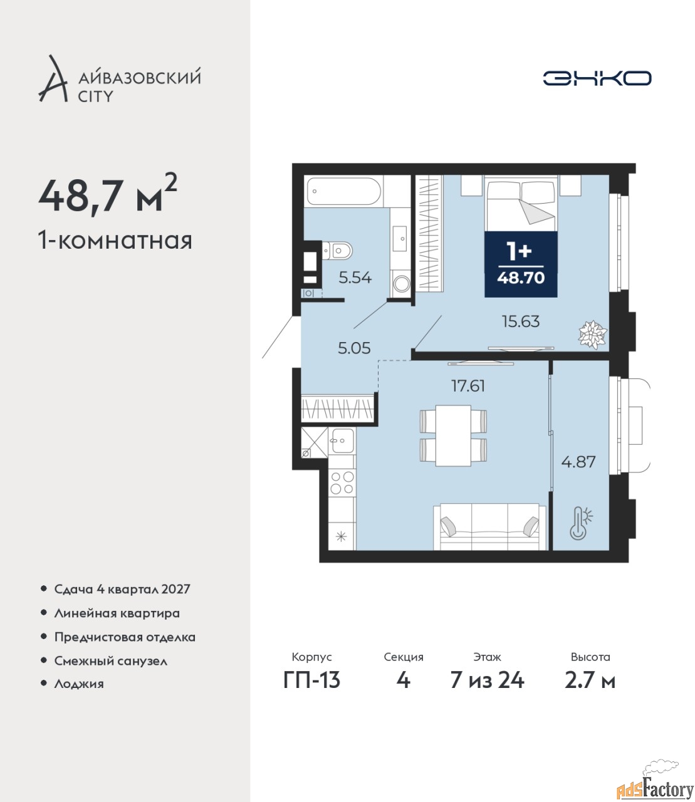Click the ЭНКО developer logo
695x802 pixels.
pos(597,78)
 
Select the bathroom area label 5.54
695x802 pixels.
pos(355,278)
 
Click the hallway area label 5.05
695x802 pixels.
pos(354,348)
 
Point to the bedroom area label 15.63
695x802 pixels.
pos(521,321)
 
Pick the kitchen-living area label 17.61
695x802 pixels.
pos(468,386)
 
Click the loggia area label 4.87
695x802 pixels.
pos(578,462)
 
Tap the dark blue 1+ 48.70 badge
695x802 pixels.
pos(521,264)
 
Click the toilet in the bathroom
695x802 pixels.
pos(337,250)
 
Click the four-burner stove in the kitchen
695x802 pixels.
pos(342,482)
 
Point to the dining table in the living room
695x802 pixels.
pos(453,435)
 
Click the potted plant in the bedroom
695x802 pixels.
pos(593,334)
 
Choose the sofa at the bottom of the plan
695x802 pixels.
pos(489,526)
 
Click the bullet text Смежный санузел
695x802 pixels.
pos(111,661)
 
